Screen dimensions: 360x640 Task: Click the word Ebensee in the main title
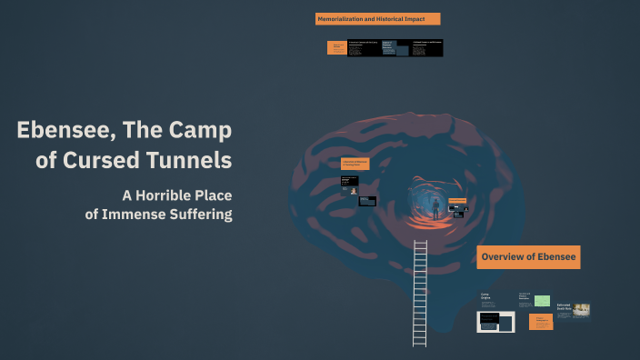tap(61, 130)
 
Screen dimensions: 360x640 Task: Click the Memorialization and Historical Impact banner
tap(377, 19)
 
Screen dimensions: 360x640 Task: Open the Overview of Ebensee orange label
tap(528, 257)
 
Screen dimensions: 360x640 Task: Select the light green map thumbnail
tap(543, 301)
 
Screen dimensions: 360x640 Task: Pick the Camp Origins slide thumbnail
tap(486, 297)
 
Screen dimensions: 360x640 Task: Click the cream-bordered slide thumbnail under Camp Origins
tap(496, 322)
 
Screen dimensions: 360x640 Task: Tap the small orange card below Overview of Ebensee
tap(540, 322)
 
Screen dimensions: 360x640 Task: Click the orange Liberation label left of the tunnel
tap(355, 163)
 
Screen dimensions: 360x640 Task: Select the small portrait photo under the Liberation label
tap(353, 191)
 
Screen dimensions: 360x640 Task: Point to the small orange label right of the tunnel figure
tap(457, 200)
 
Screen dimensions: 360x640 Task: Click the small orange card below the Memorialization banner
tap(335, 48)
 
